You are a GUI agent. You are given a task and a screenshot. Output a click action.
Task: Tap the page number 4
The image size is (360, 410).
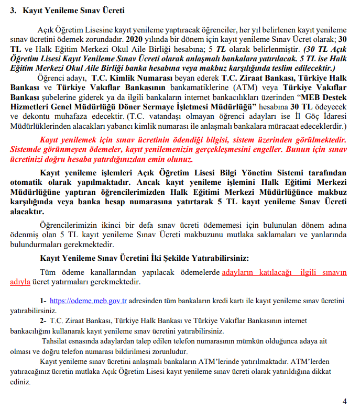click(344, 401)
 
